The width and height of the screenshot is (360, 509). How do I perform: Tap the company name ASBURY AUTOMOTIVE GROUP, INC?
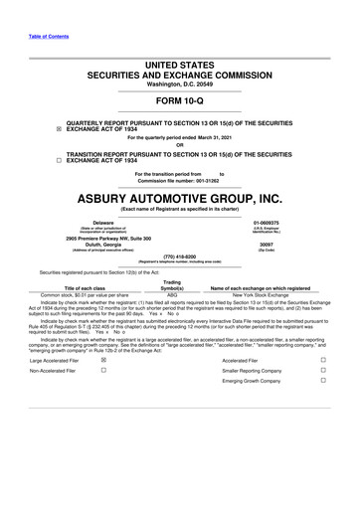point(179,199)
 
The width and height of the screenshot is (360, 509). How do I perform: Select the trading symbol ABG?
point(172,295)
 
